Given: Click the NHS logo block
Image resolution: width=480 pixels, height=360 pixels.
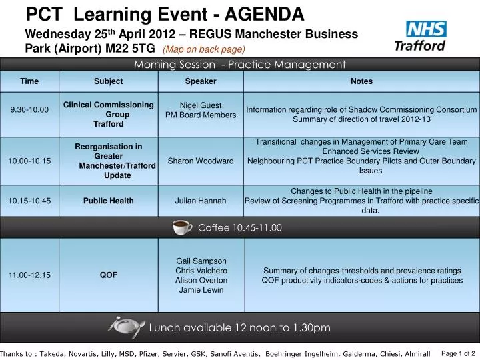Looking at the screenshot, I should coord(427,29).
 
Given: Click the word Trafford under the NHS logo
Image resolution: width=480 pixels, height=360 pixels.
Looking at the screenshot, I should coord(420,46).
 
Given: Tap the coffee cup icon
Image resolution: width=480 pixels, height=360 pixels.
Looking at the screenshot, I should coord(183,227).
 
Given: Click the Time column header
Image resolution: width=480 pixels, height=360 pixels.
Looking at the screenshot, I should coord(29,81).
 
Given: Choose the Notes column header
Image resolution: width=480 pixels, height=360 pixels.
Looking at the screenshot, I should coord(361,81).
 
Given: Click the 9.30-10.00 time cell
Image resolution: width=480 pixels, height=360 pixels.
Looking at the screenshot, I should coord(29,110).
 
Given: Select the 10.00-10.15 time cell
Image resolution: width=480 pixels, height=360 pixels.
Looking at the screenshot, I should coord(29,161).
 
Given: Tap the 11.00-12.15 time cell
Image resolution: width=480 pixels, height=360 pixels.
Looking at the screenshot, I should coord(29,275).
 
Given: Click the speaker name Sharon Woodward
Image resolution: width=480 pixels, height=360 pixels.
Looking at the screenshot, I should coord(201,161).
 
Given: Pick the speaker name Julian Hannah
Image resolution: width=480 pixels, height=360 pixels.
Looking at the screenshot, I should coord(201,201).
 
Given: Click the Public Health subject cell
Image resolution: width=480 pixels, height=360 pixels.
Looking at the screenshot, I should coord(108,201).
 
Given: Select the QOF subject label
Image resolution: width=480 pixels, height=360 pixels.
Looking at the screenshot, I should coord(108,275).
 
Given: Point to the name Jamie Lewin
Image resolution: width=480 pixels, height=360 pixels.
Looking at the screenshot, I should coord(201,291).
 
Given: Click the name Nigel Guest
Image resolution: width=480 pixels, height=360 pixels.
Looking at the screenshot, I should coord(201,105).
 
